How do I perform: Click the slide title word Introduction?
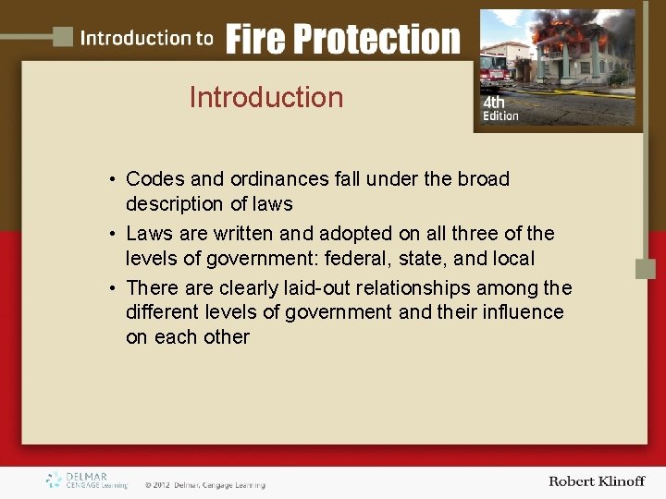point(266,97)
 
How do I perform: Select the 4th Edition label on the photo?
point(500,109)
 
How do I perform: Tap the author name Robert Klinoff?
point(596,481)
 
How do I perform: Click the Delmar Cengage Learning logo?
point(87,481)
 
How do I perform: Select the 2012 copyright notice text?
point(204,484)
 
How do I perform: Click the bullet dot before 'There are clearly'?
point(110,288)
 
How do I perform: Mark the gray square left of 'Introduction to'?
point(62,37)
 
